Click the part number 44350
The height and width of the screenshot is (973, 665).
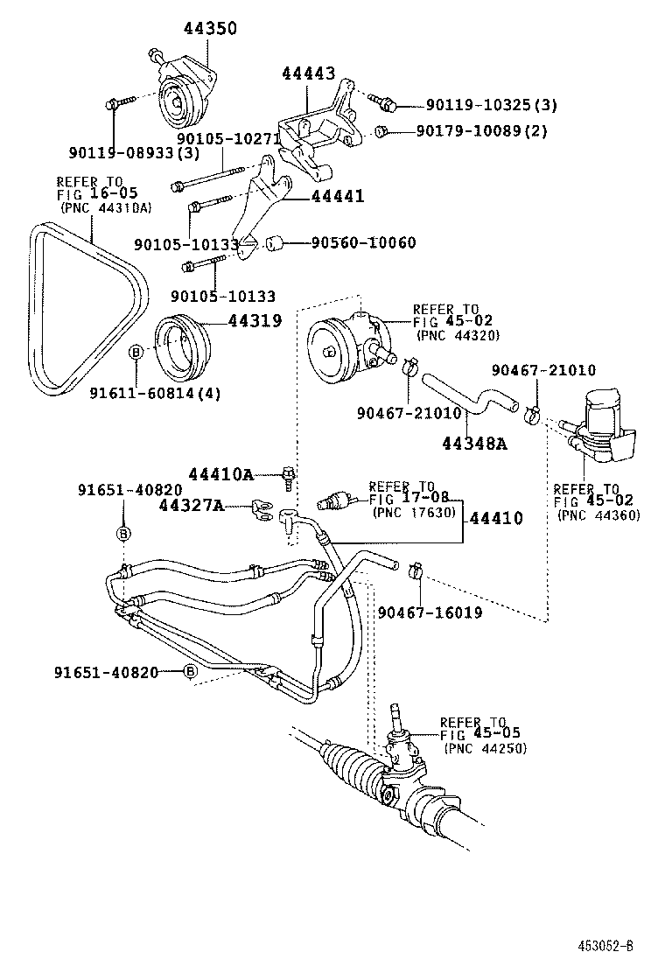210,29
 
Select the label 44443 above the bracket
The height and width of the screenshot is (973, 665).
308,74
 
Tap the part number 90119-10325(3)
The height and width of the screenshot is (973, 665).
491,106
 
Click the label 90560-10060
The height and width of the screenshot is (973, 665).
363,242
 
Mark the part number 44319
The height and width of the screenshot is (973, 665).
255,321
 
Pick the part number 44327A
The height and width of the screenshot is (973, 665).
192,505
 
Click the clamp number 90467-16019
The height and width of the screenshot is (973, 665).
430,612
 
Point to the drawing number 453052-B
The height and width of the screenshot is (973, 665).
605,946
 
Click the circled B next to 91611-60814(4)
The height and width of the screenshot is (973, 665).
136,352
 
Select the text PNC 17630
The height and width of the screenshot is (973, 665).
414,512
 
